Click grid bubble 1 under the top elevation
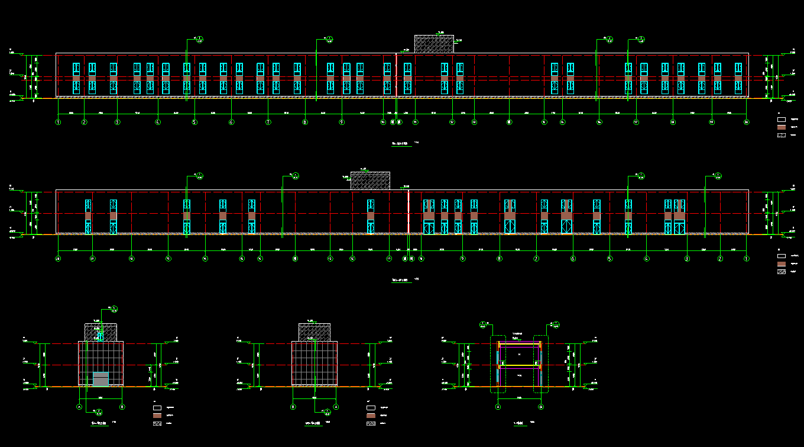click(x=58, y=123)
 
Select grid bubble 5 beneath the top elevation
click(x=194, y=123)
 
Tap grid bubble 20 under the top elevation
click(x=747, y=123)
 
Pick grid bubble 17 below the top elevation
click(x=636, y=123)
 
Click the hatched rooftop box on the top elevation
click(x=434, y=44)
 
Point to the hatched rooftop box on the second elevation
click(x=370, y=181)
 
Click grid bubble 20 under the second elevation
click(x=58, y=259)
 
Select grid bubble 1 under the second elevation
click(x=747, y=259)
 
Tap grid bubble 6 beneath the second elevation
click(x=573, y=259)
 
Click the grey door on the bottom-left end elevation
click(x=101, y=379)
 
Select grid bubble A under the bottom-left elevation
click(x=79, y=407)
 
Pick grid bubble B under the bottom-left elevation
click(x=122, y=407)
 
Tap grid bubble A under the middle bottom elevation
click(x=336, y=407)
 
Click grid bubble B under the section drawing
click(x=541, y=407)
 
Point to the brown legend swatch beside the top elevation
click(x=781, y=127)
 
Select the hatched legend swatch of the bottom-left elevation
click(x=157, y=424)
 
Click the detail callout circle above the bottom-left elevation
click(x=114, y=308)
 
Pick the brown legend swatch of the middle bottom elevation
click(x=371, y=416)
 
